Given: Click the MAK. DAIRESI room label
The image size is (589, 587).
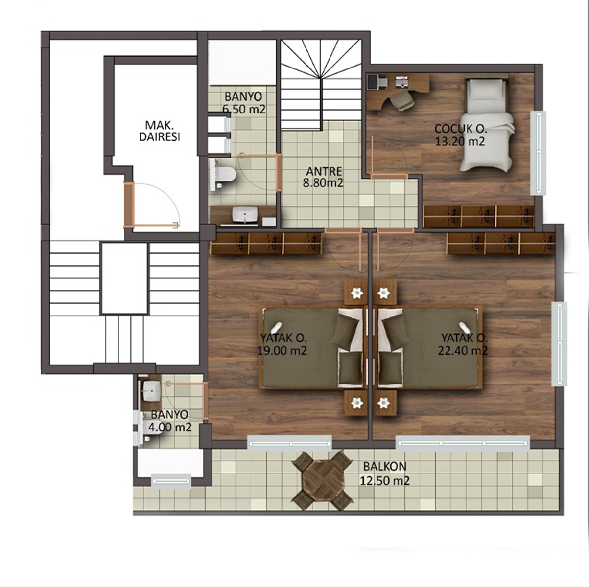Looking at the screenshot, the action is (159, 131).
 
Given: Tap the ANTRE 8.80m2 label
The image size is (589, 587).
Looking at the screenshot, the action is (323, 177).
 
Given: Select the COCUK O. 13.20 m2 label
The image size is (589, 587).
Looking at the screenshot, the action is (461, 135).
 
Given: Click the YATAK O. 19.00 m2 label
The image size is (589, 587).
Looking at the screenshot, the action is (282, 344).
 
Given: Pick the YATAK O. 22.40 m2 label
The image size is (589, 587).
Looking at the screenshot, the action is (463, 344).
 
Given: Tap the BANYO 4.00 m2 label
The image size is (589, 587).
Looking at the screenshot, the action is (169, 421).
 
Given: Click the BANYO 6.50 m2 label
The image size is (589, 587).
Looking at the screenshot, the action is (244, 103).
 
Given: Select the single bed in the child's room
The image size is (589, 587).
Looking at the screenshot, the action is (486, 125).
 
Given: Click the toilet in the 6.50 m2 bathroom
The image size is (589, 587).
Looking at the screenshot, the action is (223, 174).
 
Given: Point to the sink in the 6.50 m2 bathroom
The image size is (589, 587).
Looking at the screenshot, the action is (245, 214).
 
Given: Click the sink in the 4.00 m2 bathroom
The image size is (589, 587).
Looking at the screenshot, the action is (152, 391).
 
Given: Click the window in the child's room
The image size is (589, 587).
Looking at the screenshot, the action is (538, 153).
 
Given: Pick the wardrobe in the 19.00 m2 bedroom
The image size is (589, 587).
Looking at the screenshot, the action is (266, 244).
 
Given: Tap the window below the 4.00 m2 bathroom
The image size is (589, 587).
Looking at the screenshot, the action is (171, 481).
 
